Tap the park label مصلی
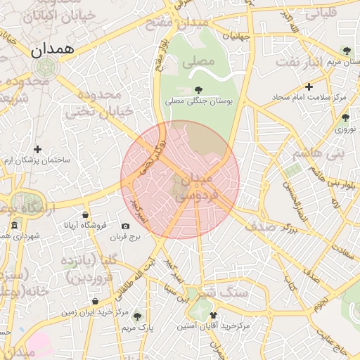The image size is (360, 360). click(x=198, y=62)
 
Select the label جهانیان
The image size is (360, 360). click(x=237, y=35)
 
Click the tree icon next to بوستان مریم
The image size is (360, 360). click(x=346, y=50)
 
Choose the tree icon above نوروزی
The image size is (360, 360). click(x=345, y=118)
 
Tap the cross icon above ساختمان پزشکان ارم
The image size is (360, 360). click(x=37, y=149)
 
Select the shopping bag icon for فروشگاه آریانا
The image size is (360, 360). click(x=85, y=214)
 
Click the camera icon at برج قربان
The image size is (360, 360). click(x=125, y=226)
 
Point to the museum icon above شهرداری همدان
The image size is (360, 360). click(x=15, y=225)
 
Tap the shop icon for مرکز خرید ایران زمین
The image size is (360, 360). click(x=95, y=301)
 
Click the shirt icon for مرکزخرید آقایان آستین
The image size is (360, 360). click(x=213, y=316)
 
